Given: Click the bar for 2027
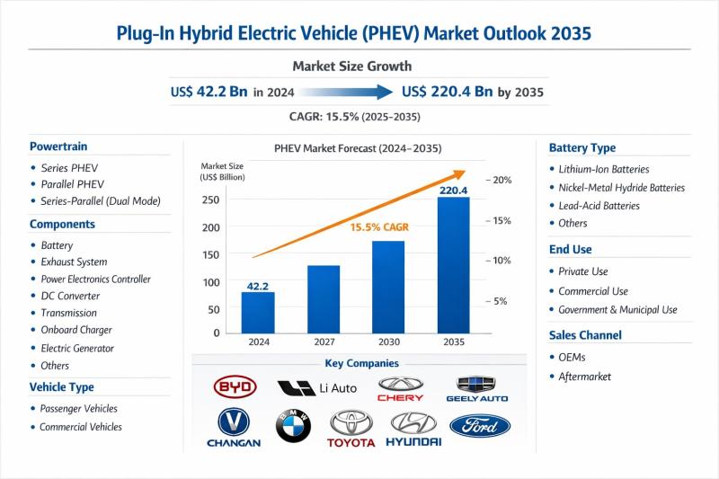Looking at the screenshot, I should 324,298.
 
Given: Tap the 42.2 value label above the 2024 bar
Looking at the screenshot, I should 258,286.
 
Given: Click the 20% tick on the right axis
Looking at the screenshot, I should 502,180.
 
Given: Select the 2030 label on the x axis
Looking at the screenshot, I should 388,342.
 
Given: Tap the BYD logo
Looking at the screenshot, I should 235,387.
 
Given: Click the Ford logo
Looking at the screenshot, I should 479,424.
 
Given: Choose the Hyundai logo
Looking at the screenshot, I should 413,428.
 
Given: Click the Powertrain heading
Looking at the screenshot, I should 58,146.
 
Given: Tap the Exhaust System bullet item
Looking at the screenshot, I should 75,262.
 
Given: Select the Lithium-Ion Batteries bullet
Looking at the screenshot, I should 603,169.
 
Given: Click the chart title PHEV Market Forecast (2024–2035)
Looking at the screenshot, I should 358,148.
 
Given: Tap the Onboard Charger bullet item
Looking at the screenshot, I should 76,331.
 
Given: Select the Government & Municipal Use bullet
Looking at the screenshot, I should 617,309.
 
